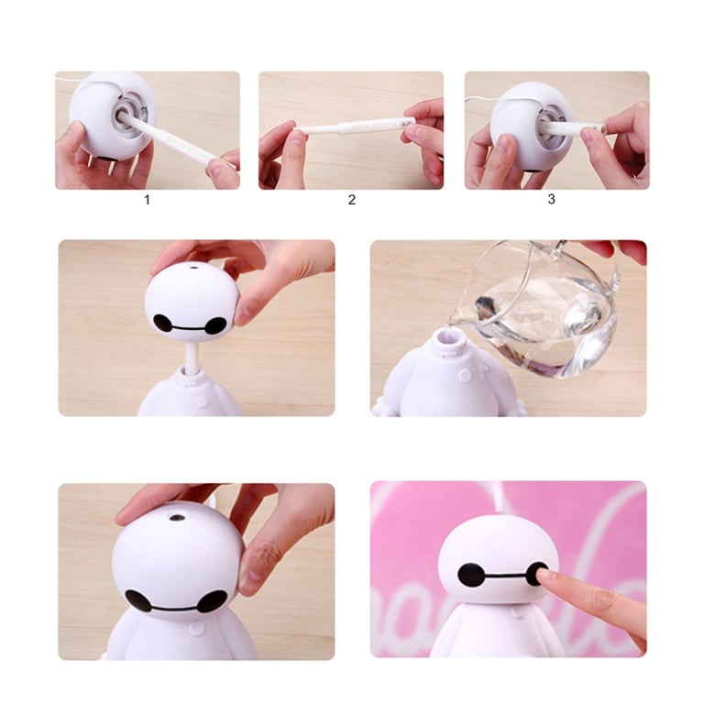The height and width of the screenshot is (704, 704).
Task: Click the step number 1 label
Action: pyautogui.click(x=147, y=200)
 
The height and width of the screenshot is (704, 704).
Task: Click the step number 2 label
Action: pyautogui.click(x=352, y=200)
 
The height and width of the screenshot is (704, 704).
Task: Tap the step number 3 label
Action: pyautogui.click(x=551, y=199)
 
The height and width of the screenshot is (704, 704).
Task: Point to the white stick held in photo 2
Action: pyautogui.click(x=353, y=126)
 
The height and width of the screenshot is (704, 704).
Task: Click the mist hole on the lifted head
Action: pyautogui.click(x=194, y=268)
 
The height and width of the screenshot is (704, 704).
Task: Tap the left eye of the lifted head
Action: pyautogui.click(x=163, y=323)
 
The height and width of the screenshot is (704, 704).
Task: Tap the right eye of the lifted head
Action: pyautogui.click(x=216, y=325)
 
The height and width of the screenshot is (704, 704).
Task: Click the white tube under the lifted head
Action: pyautogui.click(x=192, y=357)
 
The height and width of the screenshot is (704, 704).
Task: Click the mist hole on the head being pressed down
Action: pyautogui.click(x=176, y=518)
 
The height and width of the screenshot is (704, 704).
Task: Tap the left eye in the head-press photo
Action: pyautogui.click(x=138, y=600)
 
